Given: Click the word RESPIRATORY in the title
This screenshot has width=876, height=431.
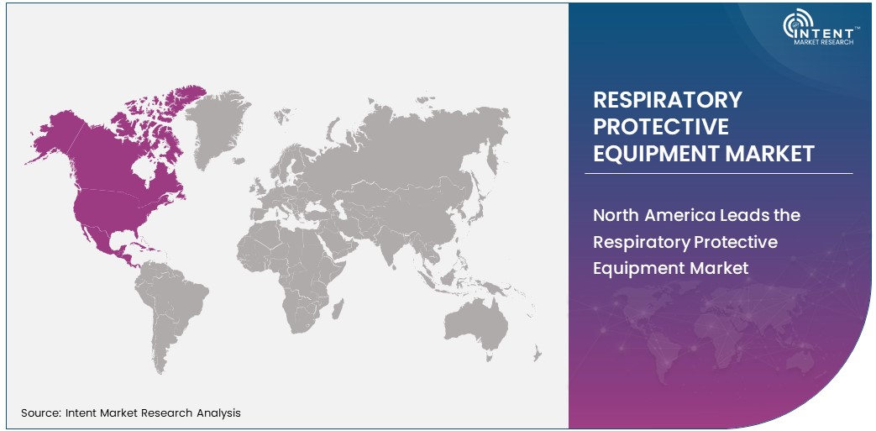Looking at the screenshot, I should pos(668,100).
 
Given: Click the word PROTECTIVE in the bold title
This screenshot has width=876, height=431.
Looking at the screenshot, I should pos(661,127).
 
